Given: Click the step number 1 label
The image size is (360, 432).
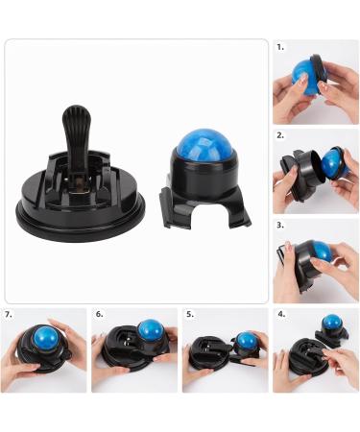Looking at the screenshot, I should tap(279, 46).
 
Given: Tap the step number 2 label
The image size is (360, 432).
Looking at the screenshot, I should tap(279, 135).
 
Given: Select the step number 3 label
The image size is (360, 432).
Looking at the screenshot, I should tap(279, 225).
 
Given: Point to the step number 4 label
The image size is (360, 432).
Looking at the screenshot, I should tap(281, 313).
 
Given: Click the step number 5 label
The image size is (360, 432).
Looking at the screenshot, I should tap(190, 313).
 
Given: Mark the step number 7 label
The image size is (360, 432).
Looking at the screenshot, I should tap(9, 313).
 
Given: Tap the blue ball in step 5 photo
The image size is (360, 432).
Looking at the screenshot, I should tap(247, 341).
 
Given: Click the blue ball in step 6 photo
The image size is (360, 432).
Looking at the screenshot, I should tap(149, 332).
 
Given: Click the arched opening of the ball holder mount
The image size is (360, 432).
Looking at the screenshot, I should tap(206, 217).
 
